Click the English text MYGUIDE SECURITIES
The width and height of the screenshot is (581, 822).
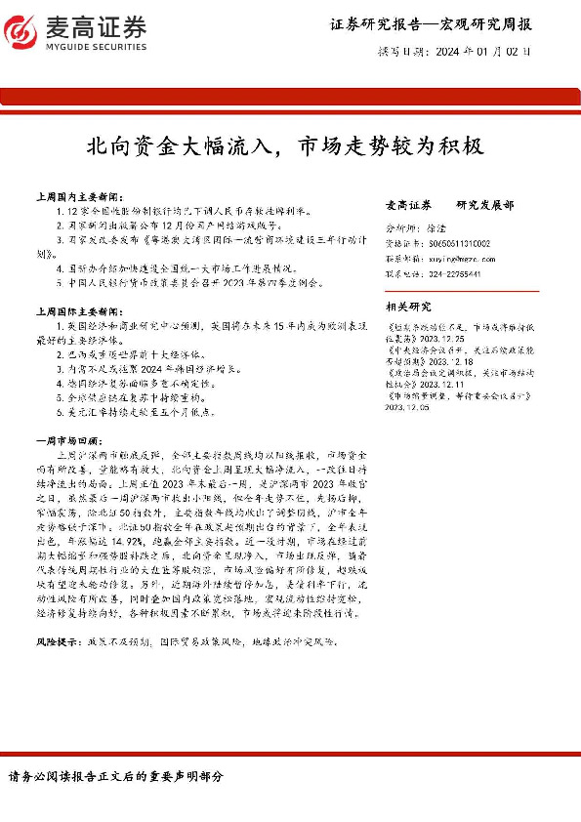[x=99, y=46]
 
